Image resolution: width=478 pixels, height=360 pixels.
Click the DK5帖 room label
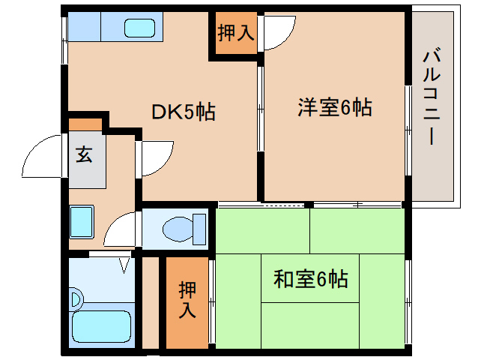pyautogui.click(x=184, y=112)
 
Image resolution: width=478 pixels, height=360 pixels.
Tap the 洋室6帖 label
pyautogui.click(x=334, y=107)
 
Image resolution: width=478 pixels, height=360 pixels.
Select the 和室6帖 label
pyautogui.click(x=310, y=280)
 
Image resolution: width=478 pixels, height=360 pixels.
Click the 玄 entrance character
pyautogui.click(x=83, y=155)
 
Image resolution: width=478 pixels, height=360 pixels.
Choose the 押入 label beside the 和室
pyautogui.click(x=187, y=298)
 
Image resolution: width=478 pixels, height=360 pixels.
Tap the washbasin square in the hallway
pyautogui.click(x=82, y=220)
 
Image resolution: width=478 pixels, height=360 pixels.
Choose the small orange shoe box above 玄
pyautogui.click(x=85, y=124)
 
